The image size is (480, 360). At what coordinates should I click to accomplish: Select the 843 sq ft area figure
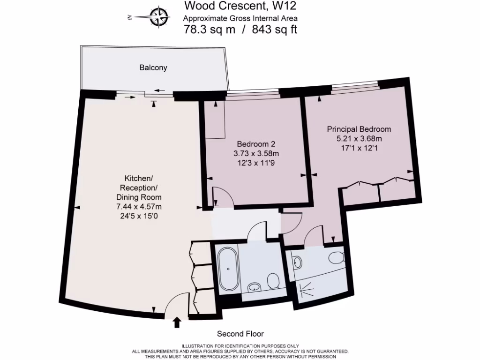pyautogui.click(x=275, y=30)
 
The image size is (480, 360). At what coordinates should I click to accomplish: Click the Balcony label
pyautogui.click(x=153, y=67)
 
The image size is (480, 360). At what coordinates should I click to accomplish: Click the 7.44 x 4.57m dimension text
pyautogui.click(x=139, y=206)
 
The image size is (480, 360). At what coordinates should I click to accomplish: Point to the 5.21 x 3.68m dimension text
pyautogui.click(x=359, y=139)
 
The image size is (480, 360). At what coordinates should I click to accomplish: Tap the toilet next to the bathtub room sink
pyautogui.click(x=273, y=281)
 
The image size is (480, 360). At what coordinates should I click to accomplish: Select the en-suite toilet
pyautogui.click(x=336, y=258)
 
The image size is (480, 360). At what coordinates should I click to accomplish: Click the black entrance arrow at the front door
pyautogui.click(x=177, y=322)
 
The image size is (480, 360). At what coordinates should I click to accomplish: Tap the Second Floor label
pyautogui.click(x=240, y=334)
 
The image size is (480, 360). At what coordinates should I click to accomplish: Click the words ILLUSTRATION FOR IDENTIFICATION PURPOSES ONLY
pyautogui.click(x=240, y=345)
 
